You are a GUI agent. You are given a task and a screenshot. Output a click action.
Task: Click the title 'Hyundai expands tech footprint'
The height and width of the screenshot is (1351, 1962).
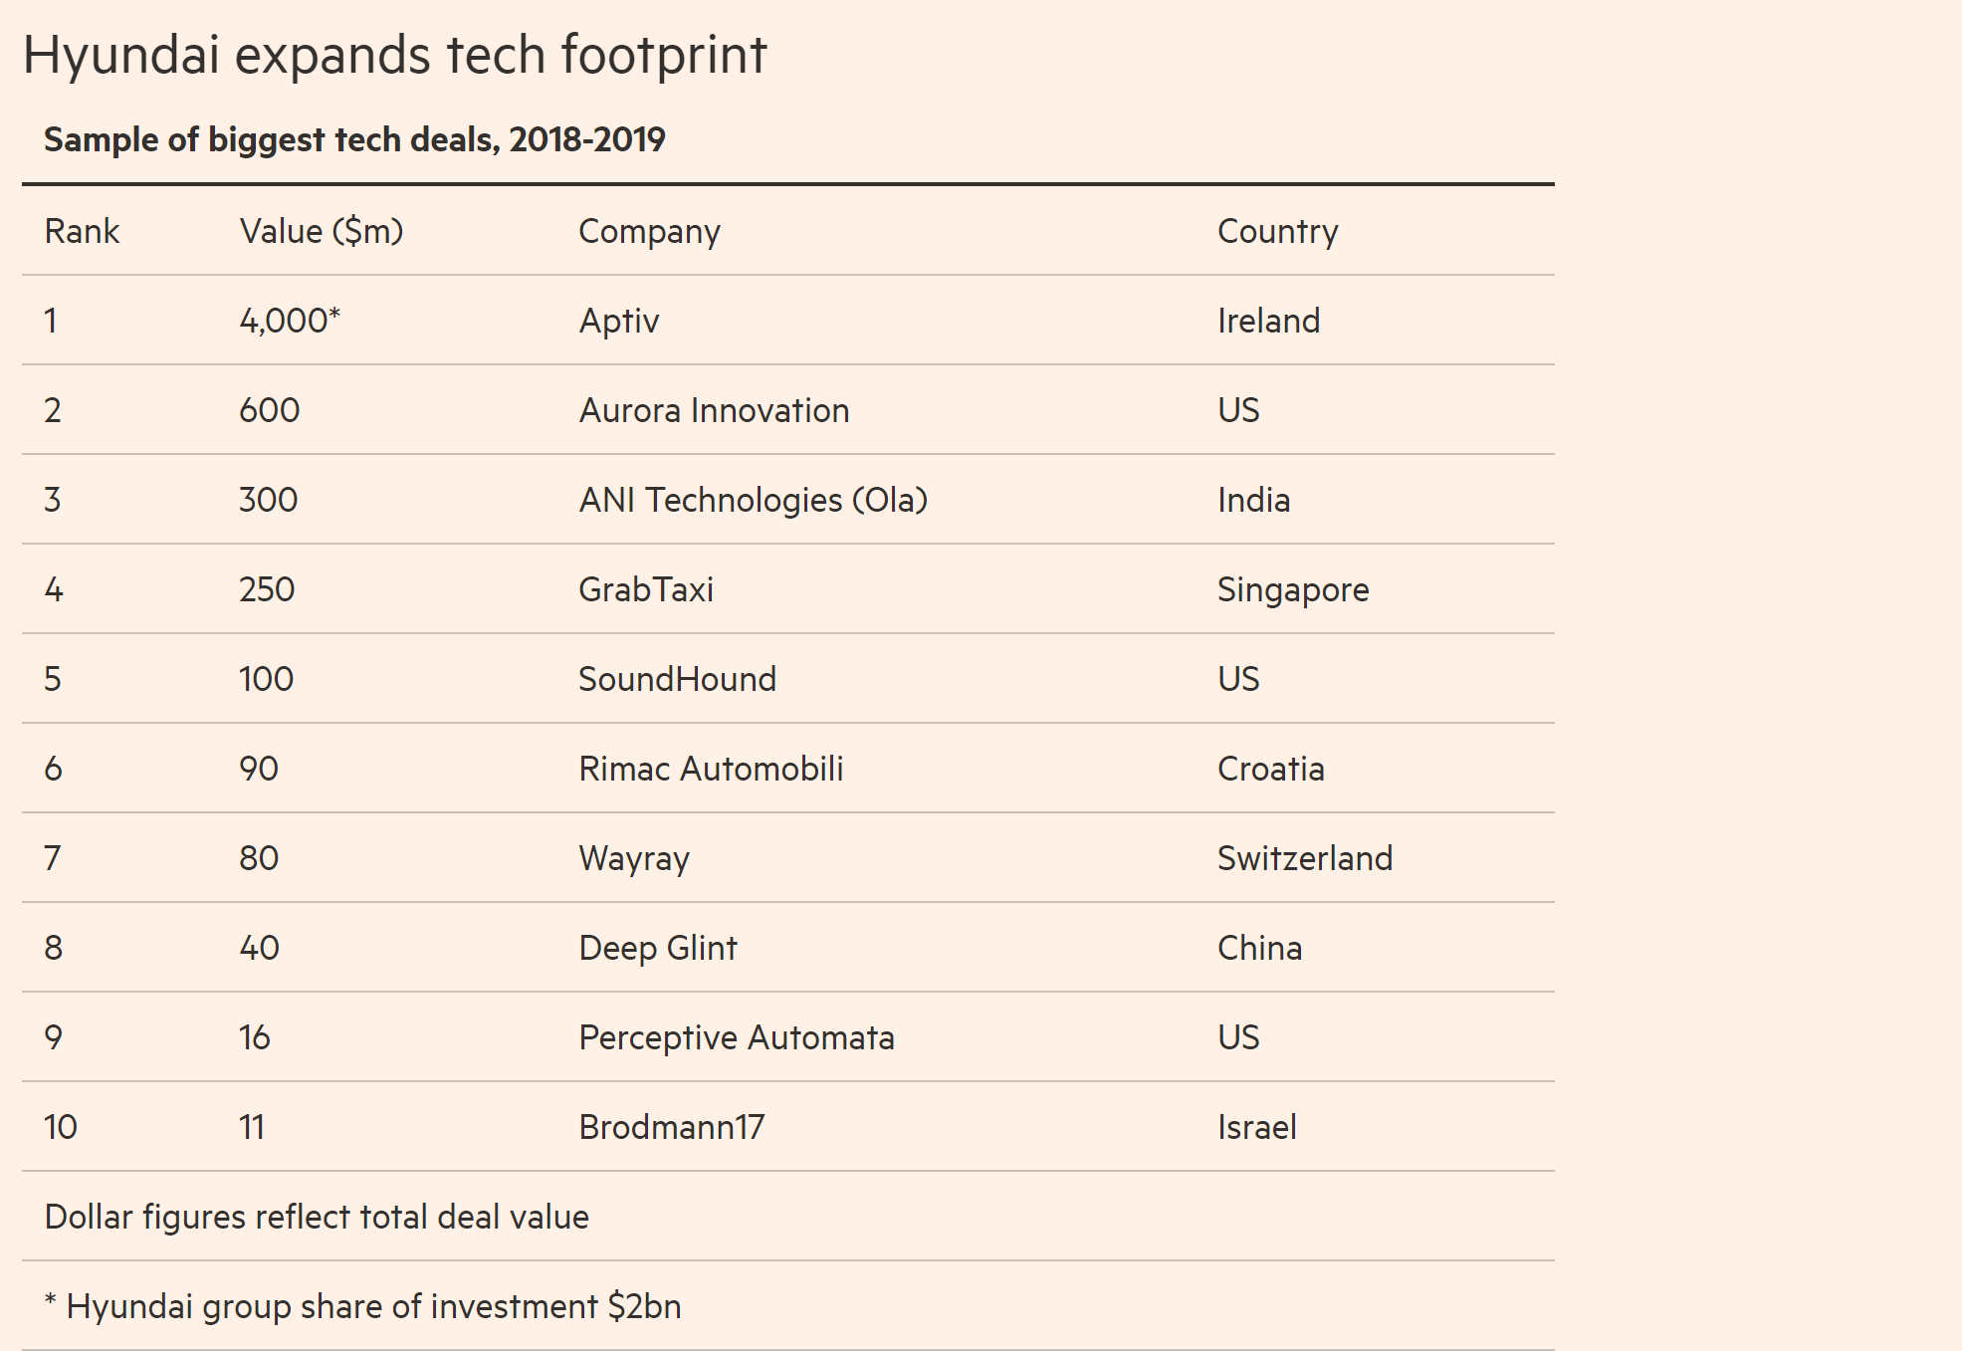[394, 55]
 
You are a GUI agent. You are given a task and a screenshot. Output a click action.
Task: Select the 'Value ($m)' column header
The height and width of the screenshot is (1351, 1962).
[321, 231]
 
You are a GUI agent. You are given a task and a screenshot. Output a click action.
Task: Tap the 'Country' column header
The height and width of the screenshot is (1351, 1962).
[1277, 231]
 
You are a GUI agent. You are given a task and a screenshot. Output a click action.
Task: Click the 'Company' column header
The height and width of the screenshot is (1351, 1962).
[649, 231]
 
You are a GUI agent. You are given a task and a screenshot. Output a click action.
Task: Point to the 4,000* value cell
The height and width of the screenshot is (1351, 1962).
[289, 321]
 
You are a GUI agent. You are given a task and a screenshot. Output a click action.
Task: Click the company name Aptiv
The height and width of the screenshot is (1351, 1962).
[619, 321]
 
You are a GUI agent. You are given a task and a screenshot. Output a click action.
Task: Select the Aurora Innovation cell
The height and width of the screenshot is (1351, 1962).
[714, 410]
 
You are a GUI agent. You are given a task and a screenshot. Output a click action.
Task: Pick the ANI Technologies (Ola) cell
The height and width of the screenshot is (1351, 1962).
[753, 500]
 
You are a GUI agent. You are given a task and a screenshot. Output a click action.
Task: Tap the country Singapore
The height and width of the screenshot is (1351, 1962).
[1293, 589]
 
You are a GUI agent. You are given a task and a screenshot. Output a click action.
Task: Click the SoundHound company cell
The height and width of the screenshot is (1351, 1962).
[677, 679]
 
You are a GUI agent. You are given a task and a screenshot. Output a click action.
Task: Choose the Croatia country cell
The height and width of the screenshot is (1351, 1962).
[1270, 769]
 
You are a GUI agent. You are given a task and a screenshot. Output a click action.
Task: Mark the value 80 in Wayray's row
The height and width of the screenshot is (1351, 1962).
[259, 858]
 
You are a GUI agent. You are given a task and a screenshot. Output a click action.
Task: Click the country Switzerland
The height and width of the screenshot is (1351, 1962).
[1304, 858]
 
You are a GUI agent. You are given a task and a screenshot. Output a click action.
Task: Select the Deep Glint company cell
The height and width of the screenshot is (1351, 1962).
[658, 948]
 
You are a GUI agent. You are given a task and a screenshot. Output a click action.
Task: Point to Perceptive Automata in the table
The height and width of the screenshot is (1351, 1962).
[737, 1037]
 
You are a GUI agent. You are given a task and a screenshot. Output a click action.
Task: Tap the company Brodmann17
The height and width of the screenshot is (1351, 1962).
[672, 1127]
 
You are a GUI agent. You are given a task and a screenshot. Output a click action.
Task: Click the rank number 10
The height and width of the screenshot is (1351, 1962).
[61, 1127]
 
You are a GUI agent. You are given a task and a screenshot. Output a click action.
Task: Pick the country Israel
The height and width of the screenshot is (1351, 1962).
[1256, 1127]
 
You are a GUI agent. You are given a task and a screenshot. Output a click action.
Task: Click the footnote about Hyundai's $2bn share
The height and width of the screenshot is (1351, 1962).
[363, 1306]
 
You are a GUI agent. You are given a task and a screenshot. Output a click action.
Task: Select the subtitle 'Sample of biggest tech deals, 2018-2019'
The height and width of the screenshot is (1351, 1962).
[354, 139]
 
